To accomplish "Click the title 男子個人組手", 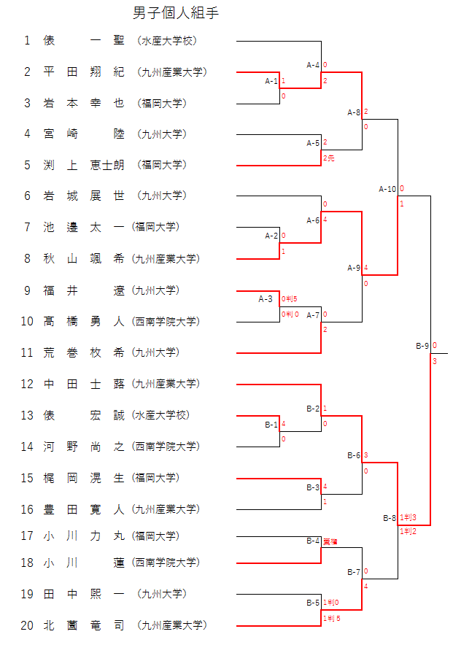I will [x=176, y=13].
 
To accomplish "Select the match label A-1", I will [x=271, y=81].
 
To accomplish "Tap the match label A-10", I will [x=387, y=189].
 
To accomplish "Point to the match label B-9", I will [x=422, y=346].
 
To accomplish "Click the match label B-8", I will [x=390, y=518].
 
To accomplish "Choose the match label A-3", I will [x=266, y=298].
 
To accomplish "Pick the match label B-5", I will [x=313, y=603].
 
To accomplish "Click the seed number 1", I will [x=27, y=41].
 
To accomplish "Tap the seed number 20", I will [x=27, y=625].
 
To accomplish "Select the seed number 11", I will [x=27, y=352].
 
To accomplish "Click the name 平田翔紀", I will [x=83, y=72].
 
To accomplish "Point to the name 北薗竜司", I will [x=83, y=625].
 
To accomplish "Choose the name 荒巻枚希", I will [x=83, y=352].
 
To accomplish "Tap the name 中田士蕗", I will [x=83, y=384].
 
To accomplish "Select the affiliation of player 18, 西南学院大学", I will [x=166, y=563].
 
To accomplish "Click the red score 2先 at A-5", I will [x=329, y=158].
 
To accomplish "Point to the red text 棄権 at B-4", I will [x=330, y=541].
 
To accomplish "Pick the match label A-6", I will [x=313, y=220].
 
